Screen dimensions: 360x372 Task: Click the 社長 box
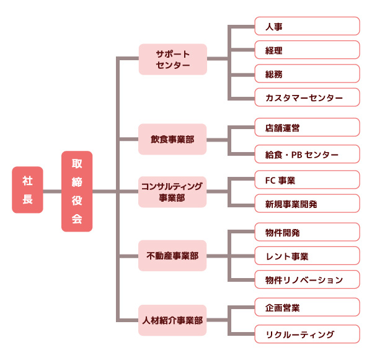(27, 190)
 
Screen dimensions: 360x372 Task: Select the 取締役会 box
(77, 191)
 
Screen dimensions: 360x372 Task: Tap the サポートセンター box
(172, 59)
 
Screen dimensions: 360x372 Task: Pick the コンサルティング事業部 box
(172, 192)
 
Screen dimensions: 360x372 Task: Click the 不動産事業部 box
(172, 256)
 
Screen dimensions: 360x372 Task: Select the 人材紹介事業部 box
(172, 320)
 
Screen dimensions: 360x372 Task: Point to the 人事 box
(307, 26)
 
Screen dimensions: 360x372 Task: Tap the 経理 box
(307, 50)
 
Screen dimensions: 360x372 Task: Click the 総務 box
(307, 73)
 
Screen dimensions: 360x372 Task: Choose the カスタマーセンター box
(307, 97)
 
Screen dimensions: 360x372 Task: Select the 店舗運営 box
(307, 127)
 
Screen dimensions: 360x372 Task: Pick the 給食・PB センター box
(307, 153)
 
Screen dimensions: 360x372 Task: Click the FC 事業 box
(307, 180)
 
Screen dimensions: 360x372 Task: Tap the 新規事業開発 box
(307, 203)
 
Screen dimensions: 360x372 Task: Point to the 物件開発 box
(307, 232)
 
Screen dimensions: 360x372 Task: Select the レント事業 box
(307, 256)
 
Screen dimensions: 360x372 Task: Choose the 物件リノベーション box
(307, 279)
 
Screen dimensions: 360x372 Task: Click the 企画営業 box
(307, 307)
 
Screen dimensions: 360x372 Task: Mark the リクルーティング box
(307, 334)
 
